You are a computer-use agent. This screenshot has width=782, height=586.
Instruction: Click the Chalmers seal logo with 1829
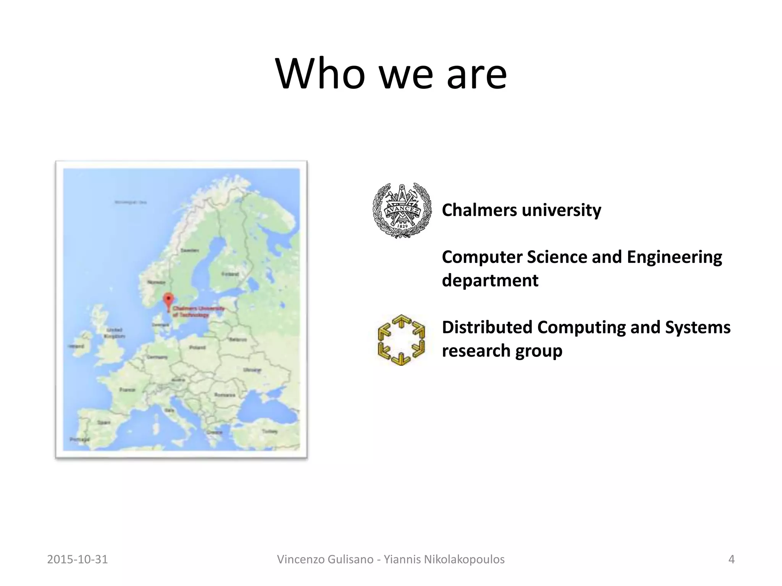pyautogui.click(x=402, y=211)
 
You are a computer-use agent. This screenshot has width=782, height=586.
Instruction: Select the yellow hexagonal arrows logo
pyautogui.click(x=401, y=340)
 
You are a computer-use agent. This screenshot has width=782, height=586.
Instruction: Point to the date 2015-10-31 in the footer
pyautogui.click(x=78, y=559)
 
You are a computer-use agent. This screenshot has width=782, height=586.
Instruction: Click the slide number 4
pyautogui.click(x=731, y=559)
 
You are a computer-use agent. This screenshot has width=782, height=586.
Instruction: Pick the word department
pyautogui.click(x=490, y=280)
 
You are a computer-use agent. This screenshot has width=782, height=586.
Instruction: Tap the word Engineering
pyautogui.click(x=674, y=257)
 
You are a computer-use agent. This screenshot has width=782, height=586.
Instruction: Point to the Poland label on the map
pyautogui.click(x=197, y=348)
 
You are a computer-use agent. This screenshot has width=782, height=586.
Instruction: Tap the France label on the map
pyautogui.click(x=127, y=390)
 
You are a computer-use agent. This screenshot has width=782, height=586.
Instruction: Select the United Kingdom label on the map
pyautogui.click(x=114, y=333)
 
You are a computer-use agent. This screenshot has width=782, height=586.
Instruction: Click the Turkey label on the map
pyautogui.click(x=270, y=431)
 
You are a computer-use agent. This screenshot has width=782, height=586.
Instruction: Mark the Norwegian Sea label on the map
pyautogui.click(x=131, y=202)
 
